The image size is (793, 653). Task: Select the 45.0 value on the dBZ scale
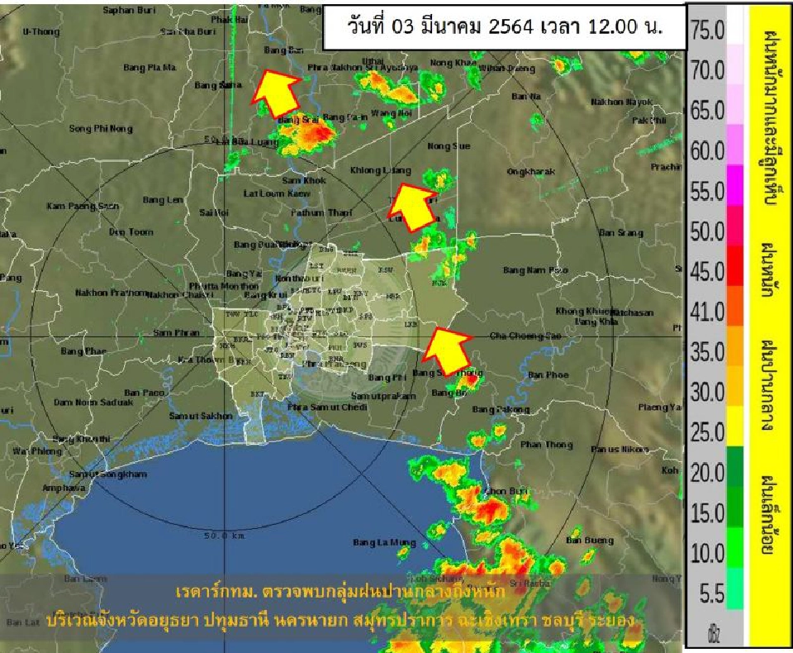(707, 271)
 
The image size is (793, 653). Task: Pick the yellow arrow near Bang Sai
(275, 93)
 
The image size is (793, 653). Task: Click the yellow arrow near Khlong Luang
(412, 206)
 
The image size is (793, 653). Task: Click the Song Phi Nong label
(101, 128)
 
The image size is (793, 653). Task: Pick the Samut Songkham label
(108, 474)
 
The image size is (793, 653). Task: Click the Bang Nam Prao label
(535, 270)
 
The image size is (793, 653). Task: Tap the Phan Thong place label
(546, 446)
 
